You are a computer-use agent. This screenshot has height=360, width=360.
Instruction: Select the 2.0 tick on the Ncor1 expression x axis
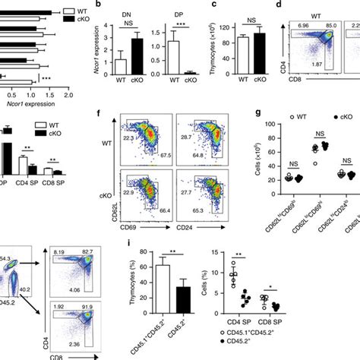pos(68,94)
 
